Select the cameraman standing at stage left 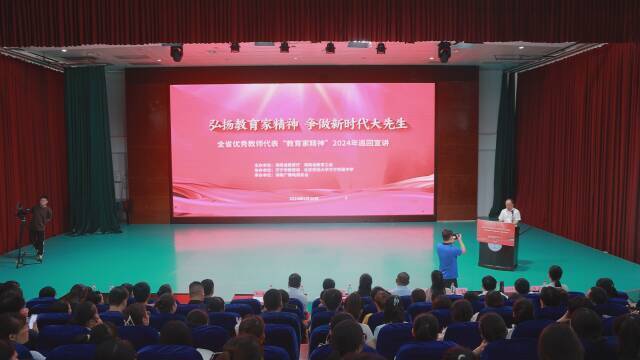40,225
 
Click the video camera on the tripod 22,212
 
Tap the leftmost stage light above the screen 176,52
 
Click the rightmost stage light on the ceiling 444,51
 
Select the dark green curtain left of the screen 92,150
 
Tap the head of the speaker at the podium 510,203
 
